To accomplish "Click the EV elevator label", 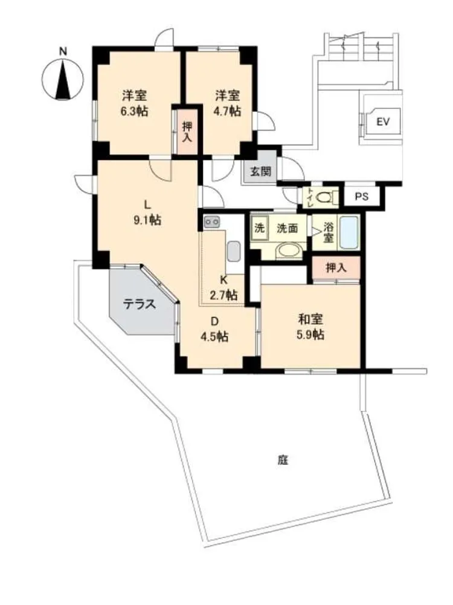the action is pyautogui.click(x=383, y=122).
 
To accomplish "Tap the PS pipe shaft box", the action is pyautogui.click(x=362, y=197).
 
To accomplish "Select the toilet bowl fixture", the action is pyautogui.click(x=326, y=198).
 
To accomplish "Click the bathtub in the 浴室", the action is pyautogui.click(x=349, y=233).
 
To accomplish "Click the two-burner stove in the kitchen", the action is pyautogui.click(x=211, y=222).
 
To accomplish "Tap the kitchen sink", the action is pyautogui.click(x=234, y=251).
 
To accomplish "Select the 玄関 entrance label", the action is pyautogui.click(x=261, y=171).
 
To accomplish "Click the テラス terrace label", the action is pyautogui.click(x=140, y=304).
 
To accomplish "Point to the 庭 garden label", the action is pyautogui.click(x=283, y=460).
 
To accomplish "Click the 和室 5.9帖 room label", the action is pyautogui.click(x=310, y=327).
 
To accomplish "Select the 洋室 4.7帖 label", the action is pyautogui.click(x=227, y=103).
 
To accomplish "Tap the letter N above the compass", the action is pyautogui.click(x=63, y=51).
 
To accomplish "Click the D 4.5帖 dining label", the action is pyautogui.click(x=214, y=329).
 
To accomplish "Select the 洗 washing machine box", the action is pyautogui.click(x=260, y=228).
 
